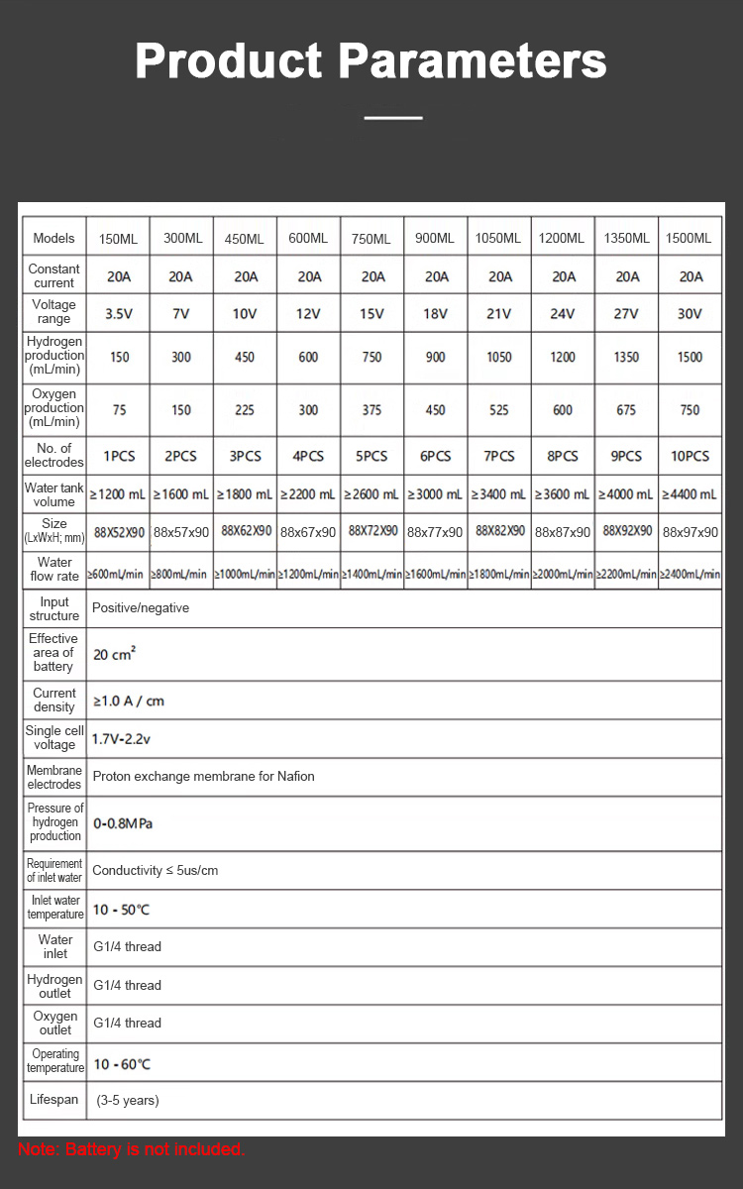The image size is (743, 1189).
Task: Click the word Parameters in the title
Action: point(473,61)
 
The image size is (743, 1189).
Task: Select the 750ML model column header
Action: point(371,239)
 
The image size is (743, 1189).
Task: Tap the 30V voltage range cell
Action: point(690,314)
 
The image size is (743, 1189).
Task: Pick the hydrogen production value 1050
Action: point(499,357)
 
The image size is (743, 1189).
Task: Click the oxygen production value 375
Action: point(371,410)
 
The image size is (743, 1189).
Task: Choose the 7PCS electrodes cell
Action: point(499,457)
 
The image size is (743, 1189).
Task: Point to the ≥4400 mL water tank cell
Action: point(690,493)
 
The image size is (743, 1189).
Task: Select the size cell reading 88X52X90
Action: point(119,532)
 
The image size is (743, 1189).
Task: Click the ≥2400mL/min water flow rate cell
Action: point(690,574)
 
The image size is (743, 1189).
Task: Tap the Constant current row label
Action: point(53,275)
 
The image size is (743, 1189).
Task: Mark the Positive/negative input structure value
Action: point(141,607)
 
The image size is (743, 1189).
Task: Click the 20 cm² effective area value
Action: point(115,654)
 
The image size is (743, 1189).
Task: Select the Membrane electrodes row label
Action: point(54,777)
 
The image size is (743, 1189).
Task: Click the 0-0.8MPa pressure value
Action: point(123,823)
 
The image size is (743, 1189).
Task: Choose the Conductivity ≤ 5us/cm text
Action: point(156,870)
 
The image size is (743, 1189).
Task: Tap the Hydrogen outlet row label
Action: point(54,986)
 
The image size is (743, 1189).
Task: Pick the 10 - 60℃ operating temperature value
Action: point(122,1064)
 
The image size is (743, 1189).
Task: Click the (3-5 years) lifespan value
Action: point(128,1100)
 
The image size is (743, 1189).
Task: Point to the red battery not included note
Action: point(131,1149)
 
